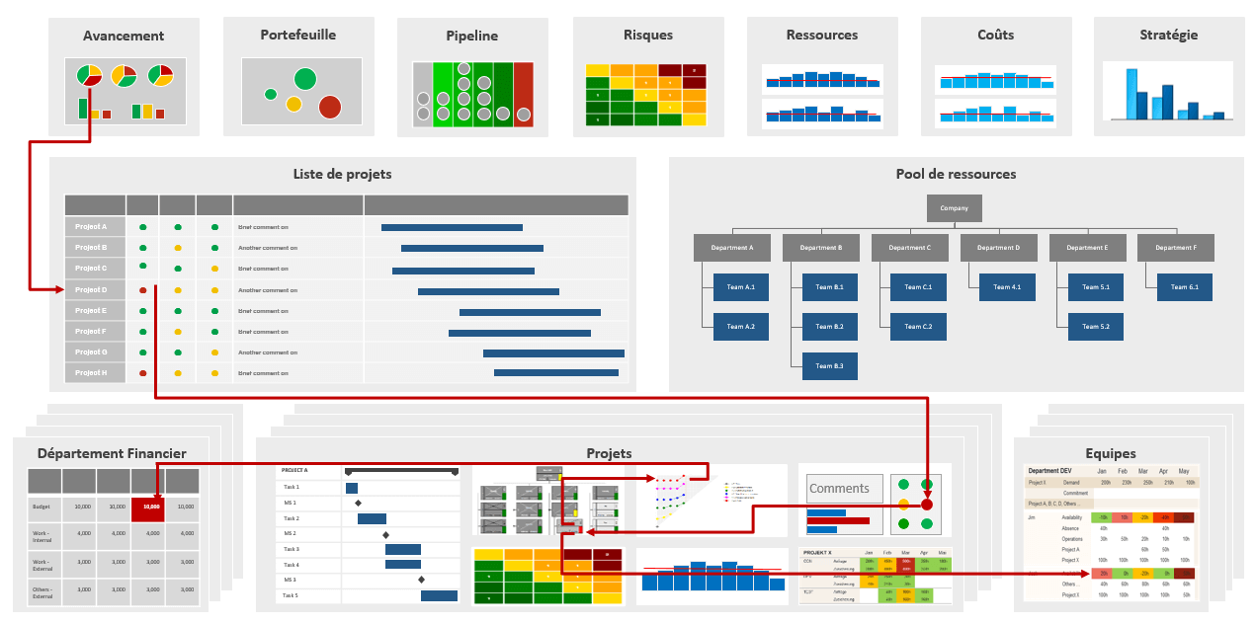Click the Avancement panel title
click(124, 36)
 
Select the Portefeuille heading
click(297, 35)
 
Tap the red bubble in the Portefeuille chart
click(330, 107)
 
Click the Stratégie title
click(1168, 35)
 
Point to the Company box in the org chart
click(955, 208)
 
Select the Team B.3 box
click(830, 366)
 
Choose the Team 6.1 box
click(1185, 287)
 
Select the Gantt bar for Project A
click(452, 227)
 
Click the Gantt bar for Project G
click(553, 352)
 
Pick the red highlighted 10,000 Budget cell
click(148, 507)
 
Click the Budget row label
click(42, 507)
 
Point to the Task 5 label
click(291, 595)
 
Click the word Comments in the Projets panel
click(839, 488)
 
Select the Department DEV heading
click(1049, 471)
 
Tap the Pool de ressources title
click(956, 174)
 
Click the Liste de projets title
click(342, 174)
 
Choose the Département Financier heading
click(112, 453)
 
